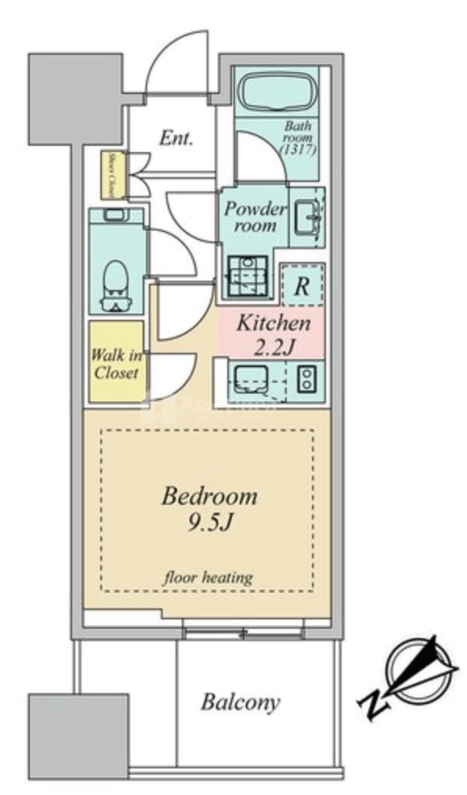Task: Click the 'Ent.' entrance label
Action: [176, 139]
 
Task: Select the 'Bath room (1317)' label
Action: [299, 137]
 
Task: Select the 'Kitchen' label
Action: [273, 322]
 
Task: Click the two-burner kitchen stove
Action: [306, 379]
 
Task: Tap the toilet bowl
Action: [116, 280]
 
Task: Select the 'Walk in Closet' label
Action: [116, 362]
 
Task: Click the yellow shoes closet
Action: [110, 175]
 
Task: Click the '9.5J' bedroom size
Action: [209, 524]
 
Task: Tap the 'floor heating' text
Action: [208, 578]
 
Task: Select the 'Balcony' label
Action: [240, 702]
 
